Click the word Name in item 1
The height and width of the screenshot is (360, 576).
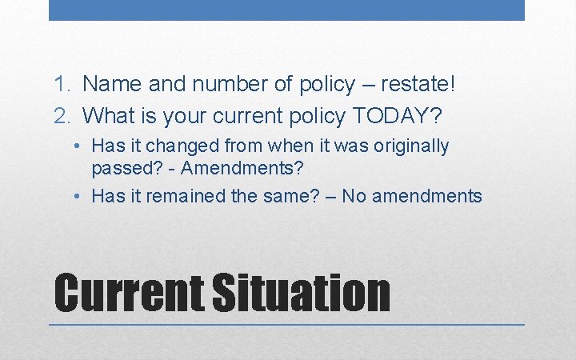tap(107, 83)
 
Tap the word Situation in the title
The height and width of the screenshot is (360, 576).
tap(301, 293)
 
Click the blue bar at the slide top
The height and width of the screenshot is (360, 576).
tap(286, 10)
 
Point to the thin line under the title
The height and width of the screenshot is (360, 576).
tap(286, 325)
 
